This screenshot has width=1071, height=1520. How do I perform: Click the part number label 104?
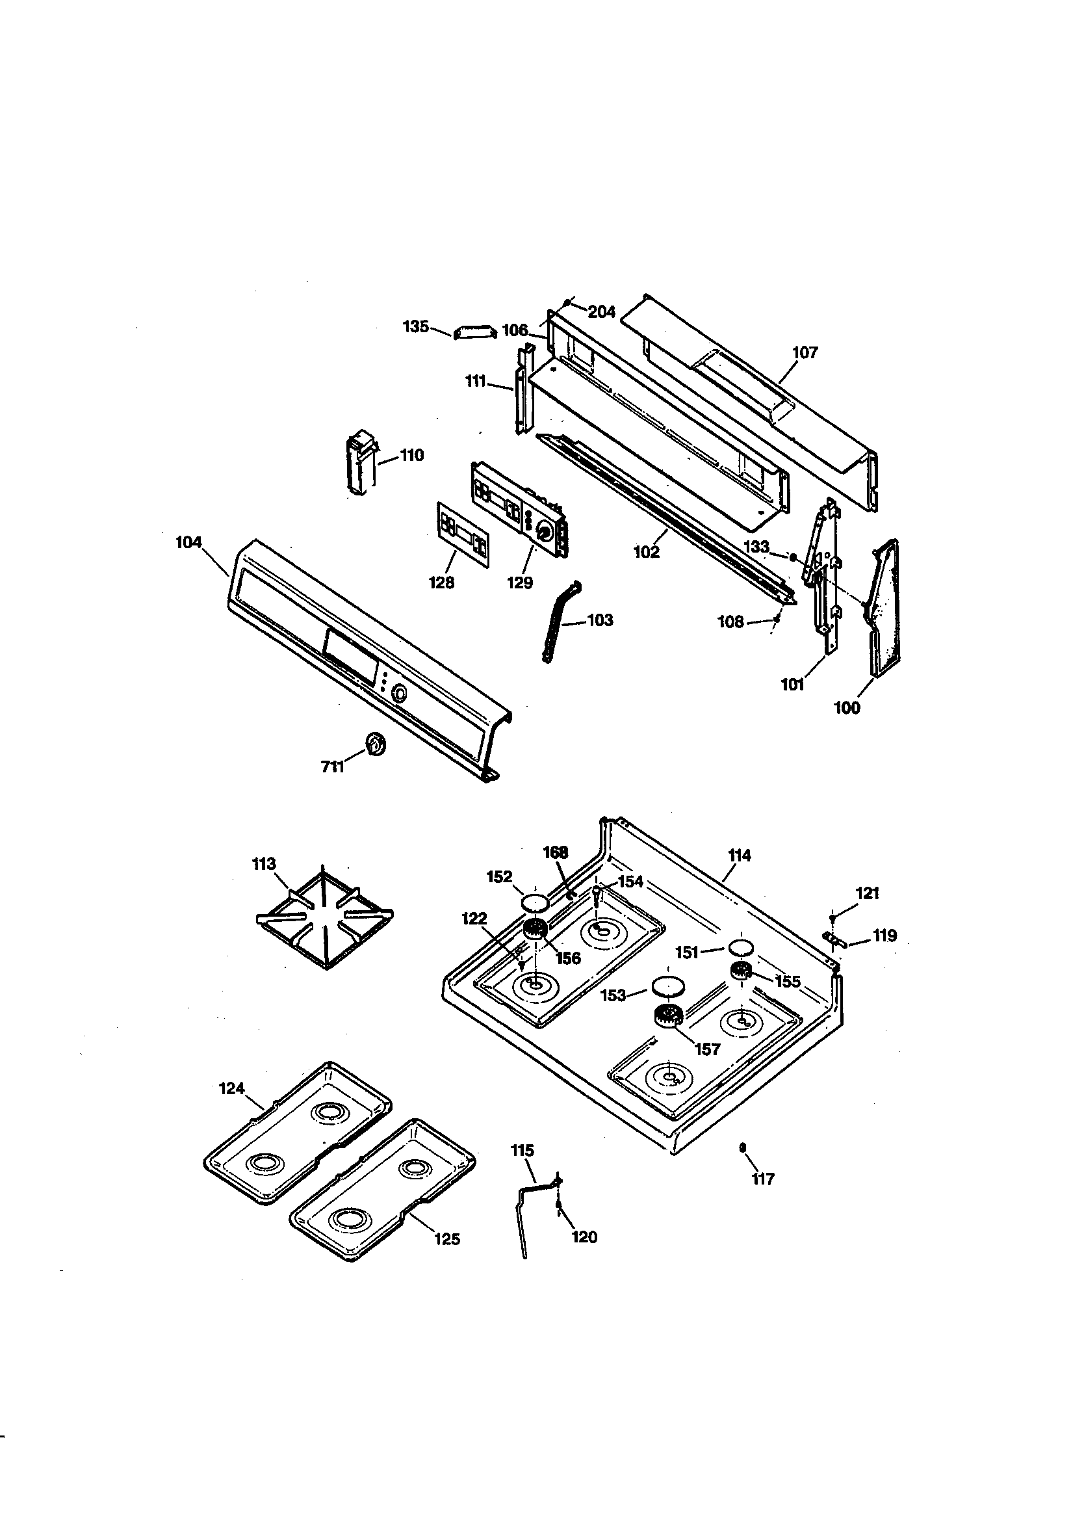(188, 543)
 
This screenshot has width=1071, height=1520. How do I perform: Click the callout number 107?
(805, 353)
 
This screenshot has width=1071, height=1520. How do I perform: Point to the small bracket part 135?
(474, 331)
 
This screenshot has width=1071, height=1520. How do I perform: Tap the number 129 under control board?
(520, 583)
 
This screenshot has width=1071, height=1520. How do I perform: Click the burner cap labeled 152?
(535, 902)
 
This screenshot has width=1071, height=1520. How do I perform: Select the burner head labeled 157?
(668, 1015)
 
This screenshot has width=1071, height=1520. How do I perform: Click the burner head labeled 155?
(742, 972)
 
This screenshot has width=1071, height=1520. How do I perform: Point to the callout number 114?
(740, 856)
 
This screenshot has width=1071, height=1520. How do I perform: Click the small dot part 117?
(743, 1147)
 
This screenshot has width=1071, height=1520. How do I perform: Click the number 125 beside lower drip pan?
(447, 1238)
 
